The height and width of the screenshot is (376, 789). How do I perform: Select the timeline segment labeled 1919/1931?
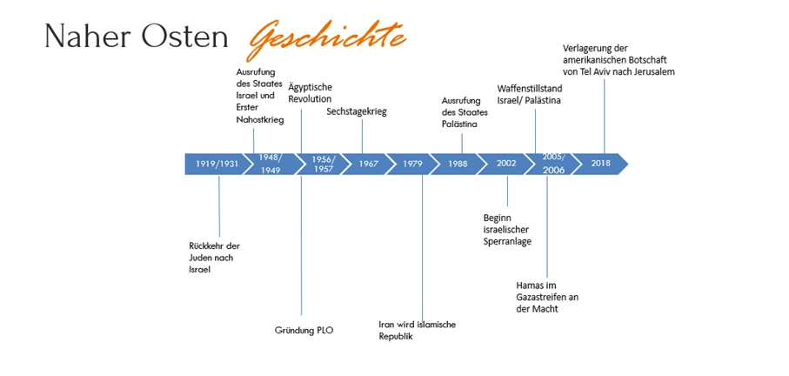[216, 164]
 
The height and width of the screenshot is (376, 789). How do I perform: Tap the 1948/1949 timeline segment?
[271, 164]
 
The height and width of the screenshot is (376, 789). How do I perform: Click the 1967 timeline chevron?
[368, 164]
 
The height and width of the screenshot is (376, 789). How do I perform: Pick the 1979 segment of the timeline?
[412, 164]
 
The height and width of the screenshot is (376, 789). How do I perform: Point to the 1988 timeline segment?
[458, 164]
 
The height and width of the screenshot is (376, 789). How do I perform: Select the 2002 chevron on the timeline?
[506, 164]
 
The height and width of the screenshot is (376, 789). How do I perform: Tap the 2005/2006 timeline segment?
[553, 164]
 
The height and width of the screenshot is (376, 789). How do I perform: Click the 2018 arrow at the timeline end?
[602, 164]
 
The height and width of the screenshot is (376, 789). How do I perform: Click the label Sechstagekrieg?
[357, 111]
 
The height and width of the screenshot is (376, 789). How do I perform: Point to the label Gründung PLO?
[304, 330]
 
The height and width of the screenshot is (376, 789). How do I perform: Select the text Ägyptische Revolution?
[310, 93]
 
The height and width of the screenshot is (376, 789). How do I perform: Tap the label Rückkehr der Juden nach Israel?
[213, 258]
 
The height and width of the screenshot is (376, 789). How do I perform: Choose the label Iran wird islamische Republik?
[417, 330]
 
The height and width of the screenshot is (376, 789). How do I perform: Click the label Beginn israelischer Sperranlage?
[508, 229]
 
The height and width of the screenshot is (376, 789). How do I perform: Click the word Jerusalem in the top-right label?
[651, 72]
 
